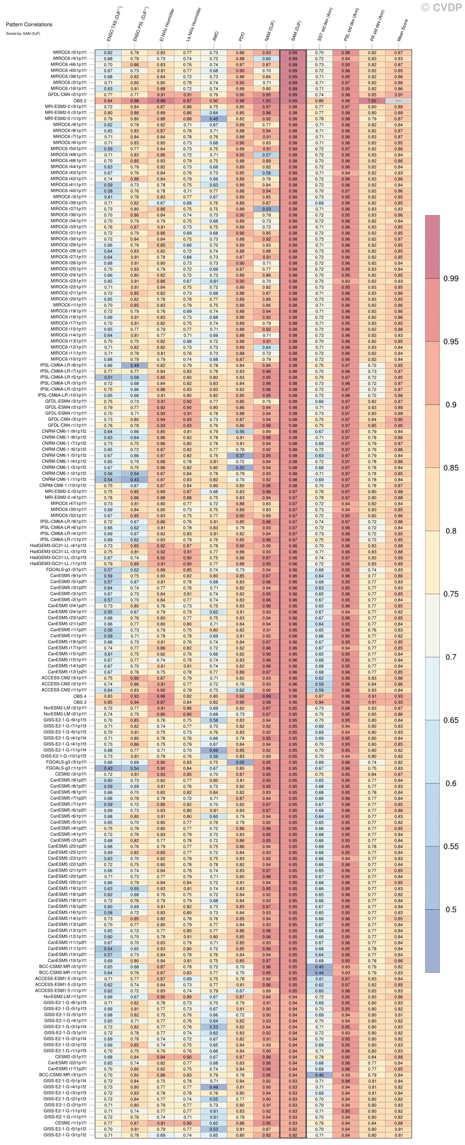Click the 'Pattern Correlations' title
click(x=29, y=24)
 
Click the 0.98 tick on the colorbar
click(x=451, y=279)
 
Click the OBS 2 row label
click(x=80, y=101)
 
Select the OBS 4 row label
click(x=80, y=696)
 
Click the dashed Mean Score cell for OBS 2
click(x=398, y=101)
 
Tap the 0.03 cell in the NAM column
click(x=266, y=209)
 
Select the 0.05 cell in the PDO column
click(x=240, y=762)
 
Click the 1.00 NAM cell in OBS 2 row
click(x=266, y=101)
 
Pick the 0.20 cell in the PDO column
click(x=240, y=467)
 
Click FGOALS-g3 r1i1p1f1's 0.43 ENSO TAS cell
click(x=108, y=768)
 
